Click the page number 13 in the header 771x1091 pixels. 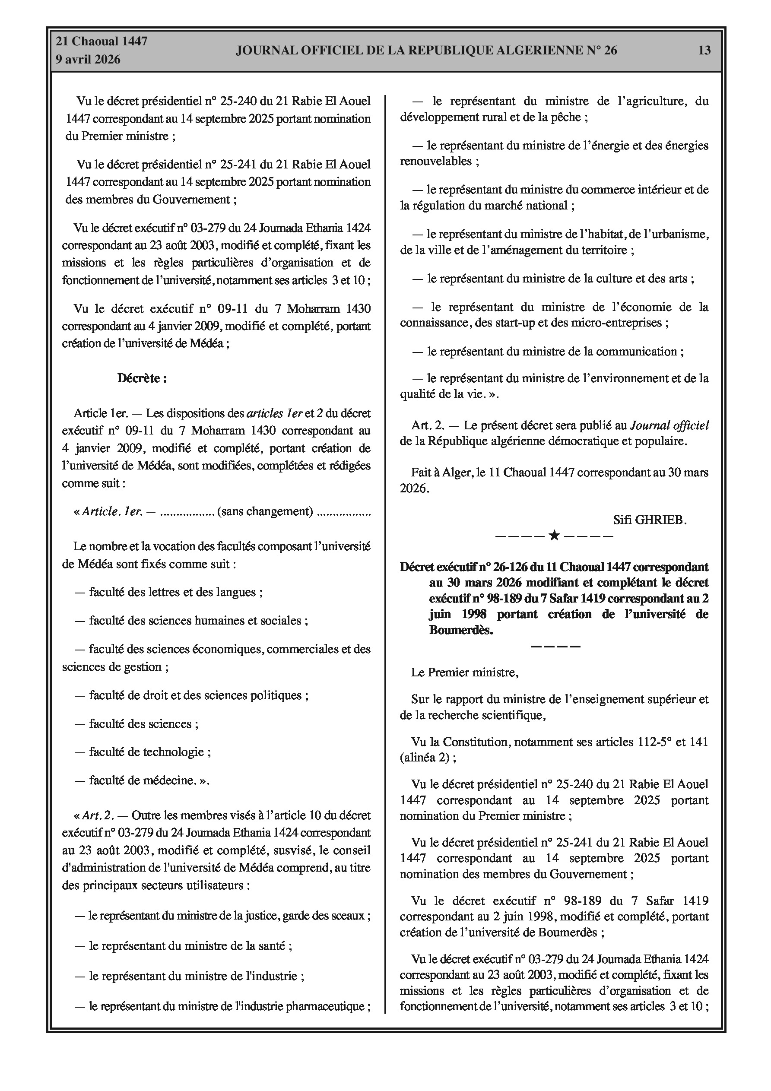(x=704, y=51)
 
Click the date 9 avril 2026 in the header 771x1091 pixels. (x=88, y=60)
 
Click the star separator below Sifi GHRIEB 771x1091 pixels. (x=554, y=536)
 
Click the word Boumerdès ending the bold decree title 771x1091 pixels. (x=461, y=630)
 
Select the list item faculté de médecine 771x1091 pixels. (x=143, y=780)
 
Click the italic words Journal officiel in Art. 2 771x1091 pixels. (x=669, y=425)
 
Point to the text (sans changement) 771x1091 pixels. (x=265, y=511)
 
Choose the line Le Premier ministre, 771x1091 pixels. (x=465, y=672)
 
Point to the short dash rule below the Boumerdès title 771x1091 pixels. (x=555, y=646)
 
